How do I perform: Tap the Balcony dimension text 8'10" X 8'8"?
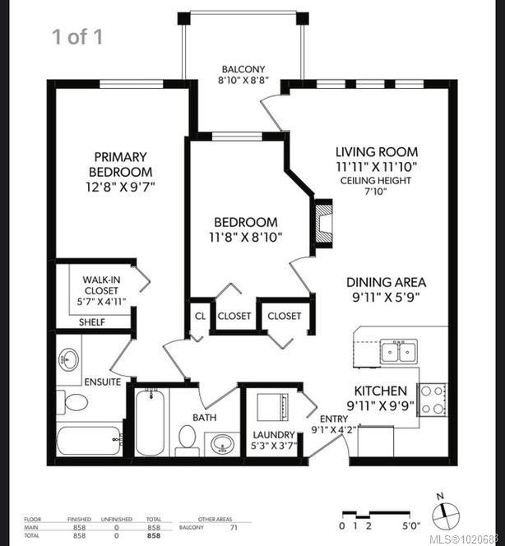(243, 82)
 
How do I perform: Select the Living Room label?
(376, 151)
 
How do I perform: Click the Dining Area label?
(386, 281)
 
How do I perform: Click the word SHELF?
(92, 322)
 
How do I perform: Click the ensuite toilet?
(76, 403)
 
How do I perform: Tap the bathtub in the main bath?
(150, 423)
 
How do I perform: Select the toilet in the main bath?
(187, 440)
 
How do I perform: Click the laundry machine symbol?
(272, 408)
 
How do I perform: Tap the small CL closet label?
(200, 316)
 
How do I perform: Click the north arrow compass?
(445, 515)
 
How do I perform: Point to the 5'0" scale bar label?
(411, 525)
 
